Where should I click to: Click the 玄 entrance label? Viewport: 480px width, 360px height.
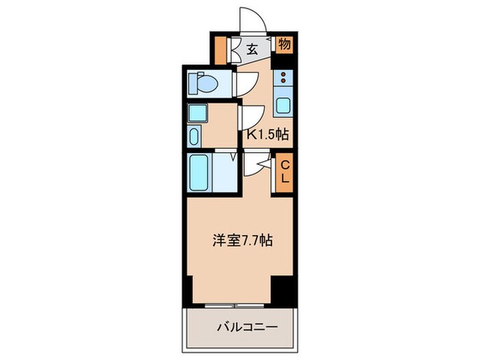pos(252,49)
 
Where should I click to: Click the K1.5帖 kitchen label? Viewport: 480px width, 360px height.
pos(267,135)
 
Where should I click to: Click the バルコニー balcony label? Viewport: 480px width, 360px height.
pos(239,328)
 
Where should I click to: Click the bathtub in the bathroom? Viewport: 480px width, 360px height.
pos(202,174)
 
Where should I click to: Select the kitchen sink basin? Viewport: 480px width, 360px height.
pos(283,106)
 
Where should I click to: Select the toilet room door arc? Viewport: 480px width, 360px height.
pos(243,84)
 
